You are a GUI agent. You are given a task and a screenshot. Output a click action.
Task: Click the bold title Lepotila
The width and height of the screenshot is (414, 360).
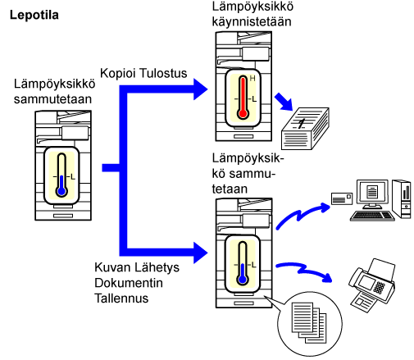coord(34,15)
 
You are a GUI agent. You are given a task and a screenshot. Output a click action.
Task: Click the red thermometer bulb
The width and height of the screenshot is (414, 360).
coord(243,113)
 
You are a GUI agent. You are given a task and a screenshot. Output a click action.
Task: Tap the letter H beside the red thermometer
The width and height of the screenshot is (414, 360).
coord(252,79)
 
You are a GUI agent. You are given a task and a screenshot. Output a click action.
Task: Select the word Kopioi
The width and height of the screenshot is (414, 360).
coord(118,74)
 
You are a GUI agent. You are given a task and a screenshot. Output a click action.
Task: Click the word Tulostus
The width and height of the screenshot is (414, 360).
coord(163,73)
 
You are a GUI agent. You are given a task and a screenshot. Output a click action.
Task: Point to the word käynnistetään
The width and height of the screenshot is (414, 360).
coord(252,21)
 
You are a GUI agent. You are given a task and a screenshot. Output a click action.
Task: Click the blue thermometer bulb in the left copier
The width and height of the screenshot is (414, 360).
coord(61,191)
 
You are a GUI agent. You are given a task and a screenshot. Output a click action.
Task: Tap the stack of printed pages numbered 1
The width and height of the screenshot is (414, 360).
coord(305,129)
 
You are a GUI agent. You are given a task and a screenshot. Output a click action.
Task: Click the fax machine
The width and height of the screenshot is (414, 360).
coord(372,285)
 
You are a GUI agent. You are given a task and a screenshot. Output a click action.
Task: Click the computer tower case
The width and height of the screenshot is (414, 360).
coord(401,199)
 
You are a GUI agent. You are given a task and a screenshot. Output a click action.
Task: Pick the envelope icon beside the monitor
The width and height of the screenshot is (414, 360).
coord(342,198)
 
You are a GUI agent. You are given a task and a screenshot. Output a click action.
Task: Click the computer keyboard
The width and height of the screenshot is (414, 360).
coord(372,216)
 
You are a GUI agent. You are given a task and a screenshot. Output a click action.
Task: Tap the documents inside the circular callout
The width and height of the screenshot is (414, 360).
coord(309,322)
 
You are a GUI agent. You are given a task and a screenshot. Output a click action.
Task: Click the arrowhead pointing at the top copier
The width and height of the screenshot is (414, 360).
coord(200,89)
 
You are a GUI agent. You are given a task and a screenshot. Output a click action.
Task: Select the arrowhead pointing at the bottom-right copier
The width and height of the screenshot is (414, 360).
coord(200,253)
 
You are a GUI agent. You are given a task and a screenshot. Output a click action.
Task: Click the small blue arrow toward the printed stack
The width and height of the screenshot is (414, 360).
coord(284,102)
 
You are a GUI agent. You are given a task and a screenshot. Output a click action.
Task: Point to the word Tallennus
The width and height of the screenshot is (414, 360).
coord(121,298)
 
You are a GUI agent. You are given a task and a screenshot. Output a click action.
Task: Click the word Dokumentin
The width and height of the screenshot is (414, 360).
coord(129,283)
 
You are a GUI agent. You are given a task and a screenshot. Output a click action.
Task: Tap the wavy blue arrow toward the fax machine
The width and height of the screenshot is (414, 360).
coord(303,271)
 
